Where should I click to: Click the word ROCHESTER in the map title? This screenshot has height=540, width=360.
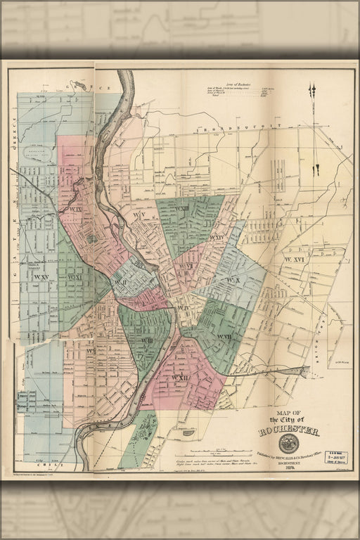[288, 431]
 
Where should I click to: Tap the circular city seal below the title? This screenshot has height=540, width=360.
[288, 444]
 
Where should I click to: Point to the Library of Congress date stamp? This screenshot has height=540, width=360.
[337, 458]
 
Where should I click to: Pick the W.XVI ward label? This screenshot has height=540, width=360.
[295, 260]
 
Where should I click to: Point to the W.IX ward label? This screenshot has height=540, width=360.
[75, 209]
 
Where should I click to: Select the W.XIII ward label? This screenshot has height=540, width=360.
[181, 209]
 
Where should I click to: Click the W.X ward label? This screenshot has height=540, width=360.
[233, 280]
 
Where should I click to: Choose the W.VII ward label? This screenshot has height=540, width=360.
[224, 337]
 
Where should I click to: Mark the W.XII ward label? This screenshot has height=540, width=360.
[181, 378]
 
